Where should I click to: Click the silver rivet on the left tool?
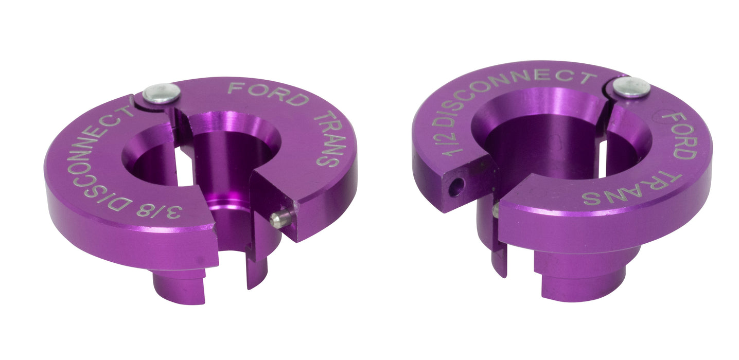162,93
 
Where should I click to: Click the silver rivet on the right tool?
631,87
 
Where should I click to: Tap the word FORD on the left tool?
267,93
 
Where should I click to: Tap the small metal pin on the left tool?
279,219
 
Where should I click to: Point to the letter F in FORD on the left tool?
234,87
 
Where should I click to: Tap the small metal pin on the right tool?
495,209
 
